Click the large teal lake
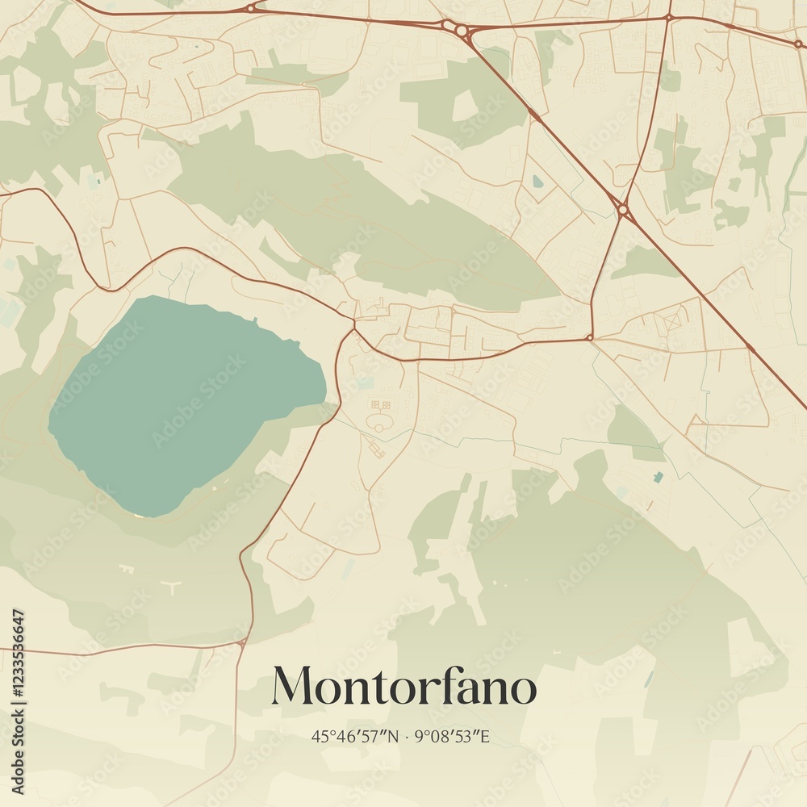[x=178, y=403]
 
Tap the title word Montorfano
[x=403, y=687]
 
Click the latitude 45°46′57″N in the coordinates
[x=355, y=737]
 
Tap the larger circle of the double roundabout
[x=462, y=31]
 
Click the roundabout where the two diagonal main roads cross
[x=622, y=210]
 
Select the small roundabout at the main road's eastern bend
[x=590, y=337]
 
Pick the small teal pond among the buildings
[x=537, y=182]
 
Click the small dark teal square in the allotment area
[x=659, y=477]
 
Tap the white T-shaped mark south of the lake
[x=172, y=587]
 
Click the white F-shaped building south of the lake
[x=127, y=569]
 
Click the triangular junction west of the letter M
[x=242, y=643]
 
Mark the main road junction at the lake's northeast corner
[x=353, y=328]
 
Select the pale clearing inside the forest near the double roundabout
[x=464, y=105]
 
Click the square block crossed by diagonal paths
[x=672, y=322]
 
